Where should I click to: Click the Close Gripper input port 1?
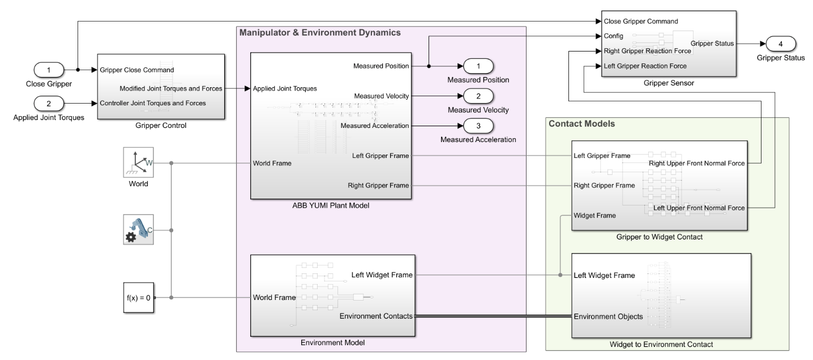tap(49, 70)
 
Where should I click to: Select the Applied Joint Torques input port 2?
tap(49, 104)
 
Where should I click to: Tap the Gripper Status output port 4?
tap(781, 44)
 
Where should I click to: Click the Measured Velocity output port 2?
tap(478, 96)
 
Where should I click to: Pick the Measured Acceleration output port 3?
tap(478, 126)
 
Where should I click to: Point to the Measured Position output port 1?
tap(478, 66)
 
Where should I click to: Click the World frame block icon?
tap(138, 162)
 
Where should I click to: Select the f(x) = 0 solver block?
tap(138, 298)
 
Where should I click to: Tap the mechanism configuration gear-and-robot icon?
tap(138, 229)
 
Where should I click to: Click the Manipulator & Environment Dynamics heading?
tap(320, 33)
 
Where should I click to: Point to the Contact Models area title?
tap(581, 124)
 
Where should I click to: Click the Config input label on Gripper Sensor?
tap(613, 36)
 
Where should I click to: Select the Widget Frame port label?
tap(594, 216)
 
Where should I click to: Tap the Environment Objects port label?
tap(608, 316)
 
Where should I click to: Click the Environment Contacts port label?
tap(376, 316)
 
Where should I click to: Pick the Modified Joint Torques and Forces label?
tap(170, 88)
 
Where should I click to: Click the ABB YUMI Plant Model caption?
tap(331, 205)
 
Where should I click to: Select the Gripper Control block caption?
tap(161, 126)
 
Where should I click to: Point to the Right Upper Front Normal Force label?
tap(696, 164)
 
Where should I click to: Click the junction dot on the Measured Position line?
tap(429, 66)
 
